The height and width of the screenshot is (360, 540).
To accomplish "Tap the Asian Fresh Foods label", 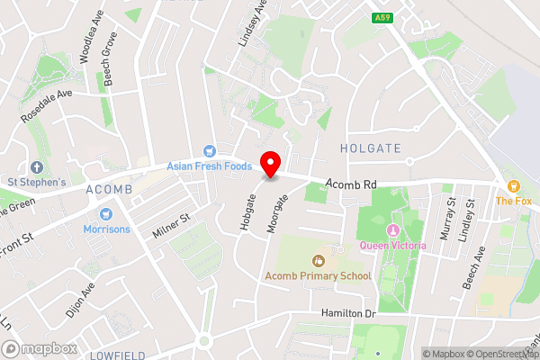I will [209, 166].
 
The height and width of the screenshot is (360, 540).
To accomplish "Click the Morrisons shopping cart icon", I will [106, 214].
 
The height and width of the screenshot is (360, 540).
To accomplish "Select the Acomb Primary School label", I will [317, 274].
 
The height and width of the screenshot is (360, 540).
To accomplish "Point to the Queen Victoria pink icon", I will [392, 232].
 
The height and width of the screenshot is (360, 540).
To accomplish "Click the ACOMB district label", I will [109, 190].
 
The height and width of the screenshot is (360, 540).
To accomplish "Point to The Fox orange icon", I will [513, 185].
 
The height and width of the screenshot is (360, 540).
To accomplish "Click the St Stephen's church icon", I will [37, 167].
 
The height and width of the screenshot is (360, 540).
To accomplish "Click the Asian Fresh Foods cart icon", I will [209, 151].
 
